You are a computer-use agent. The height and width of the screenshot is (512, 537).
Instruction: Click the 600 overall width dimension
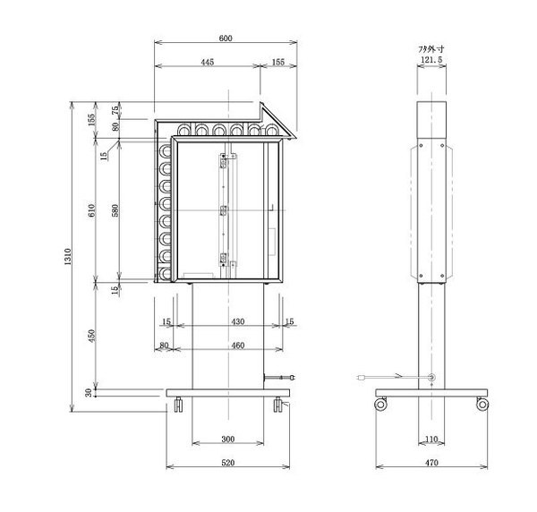point(226,38)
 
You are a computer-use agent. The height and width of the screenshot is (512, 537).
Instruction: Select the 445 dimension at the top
point(208,62)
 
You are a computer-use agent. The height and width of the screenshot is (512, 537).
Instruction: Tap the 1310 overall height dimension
point(67,257)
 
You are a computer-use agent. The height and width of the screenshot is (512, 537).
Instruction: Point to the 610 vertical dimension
point(91,210)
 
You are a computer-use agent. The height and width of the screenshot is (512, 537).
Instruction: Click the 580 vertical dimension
point(115,210)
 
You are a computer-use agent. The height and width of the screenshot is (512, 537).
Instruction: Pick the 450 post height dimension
point(91,336)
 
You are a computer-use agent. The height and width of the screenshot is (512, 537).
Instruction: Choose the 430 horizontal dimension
point(238,321)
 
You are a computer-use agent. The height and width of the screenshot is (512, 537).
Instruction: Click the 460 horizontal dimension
point(238,346)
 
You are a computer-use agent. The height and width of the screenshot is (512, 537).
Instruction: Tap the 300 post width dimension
point(227,439)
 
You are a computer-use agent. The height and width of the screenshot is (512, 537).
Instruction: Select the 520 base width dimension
point(227,463)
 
